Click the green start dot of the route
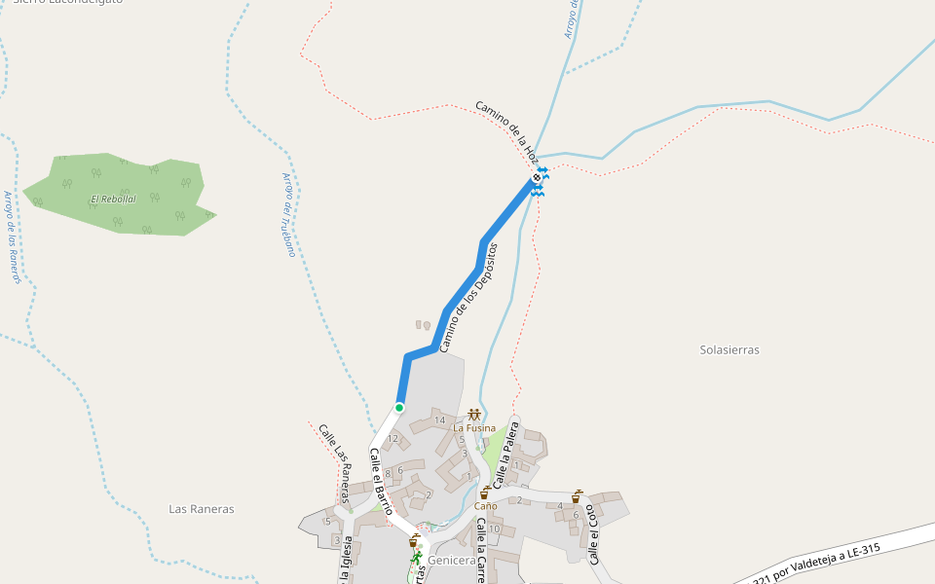coord(399,407)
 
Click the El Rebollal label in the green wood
coord(113,200)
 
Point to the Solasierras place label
coord(729,349)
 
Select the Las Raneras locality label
coord(202,509)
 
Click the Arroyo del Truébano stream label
coord(288,214)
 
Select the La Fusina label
coord(474,428)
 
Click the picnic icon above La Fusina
coord(474,415)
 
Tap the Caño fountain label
coord(485,506)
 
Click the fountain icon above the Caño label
coord(485,493)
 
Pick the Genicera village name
coord(452,561)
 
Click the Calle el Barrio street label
coord(381,481)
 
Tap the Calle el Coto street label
coord(593,534)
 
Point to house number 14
coord(439,420)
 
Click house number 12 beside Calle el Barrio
coord(393,439)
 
